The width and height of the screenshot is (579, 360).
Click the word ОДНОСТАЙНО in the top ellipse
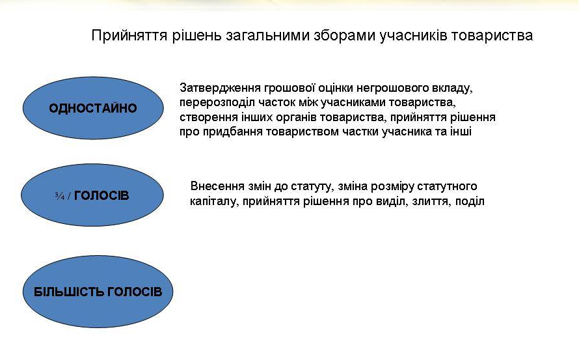(x=93, y=108)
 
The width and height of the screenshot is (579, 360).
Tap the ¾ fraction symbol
(x=60, y=196)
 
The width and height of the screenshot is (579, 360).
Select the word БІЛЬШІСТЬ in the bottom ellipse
(x=69, y=292)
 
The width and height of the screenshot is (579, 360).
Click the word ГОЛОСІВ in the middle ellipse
(x=101, y=195)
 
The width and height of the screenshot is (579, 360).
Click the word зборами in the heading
(x=345, y=36)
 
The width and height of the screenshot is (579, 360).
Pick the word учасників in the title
(x=413, y=36)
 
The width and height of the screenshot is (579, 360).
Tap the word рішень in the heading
(x=196, y=36)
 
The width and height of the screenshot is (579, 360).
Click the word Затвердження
(x=220, y=89)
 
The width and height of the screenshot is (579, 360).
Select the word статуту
(x=313, y=186)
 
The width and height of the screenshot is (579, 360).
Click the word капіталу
(x=215, y=201)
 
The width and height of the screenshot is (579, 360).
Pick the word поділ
(x=470, y=201)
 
